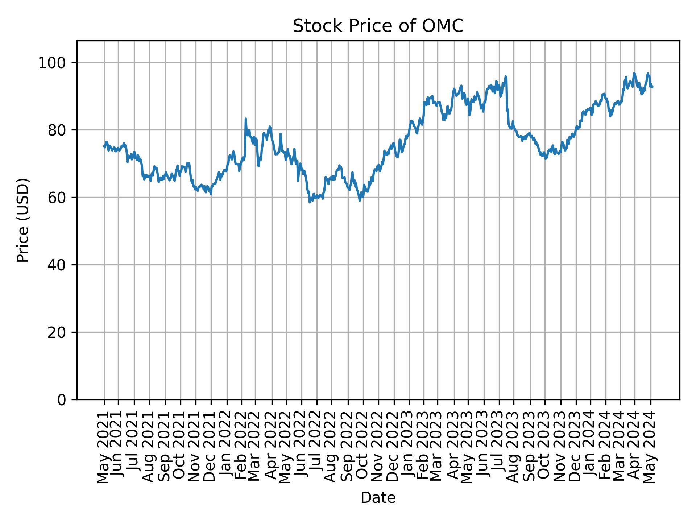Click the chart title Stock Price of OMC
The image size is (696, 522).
(378, 26)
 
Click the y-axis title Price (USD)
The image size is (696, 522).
(23, 220)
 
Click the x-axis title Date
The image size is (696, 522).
(378, 498)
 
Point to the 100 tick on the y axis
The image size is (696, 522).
(54, 63)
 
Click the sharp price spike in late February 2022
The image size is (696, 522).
(245, 119)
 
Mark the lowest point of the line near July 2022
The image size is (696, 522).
(309, 202)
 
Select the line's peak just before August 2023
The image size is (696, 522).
(505, 77)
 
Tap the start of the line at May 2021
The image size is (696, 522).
(104, 146)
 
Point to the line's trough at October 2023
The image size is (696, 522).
(545, 159)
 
